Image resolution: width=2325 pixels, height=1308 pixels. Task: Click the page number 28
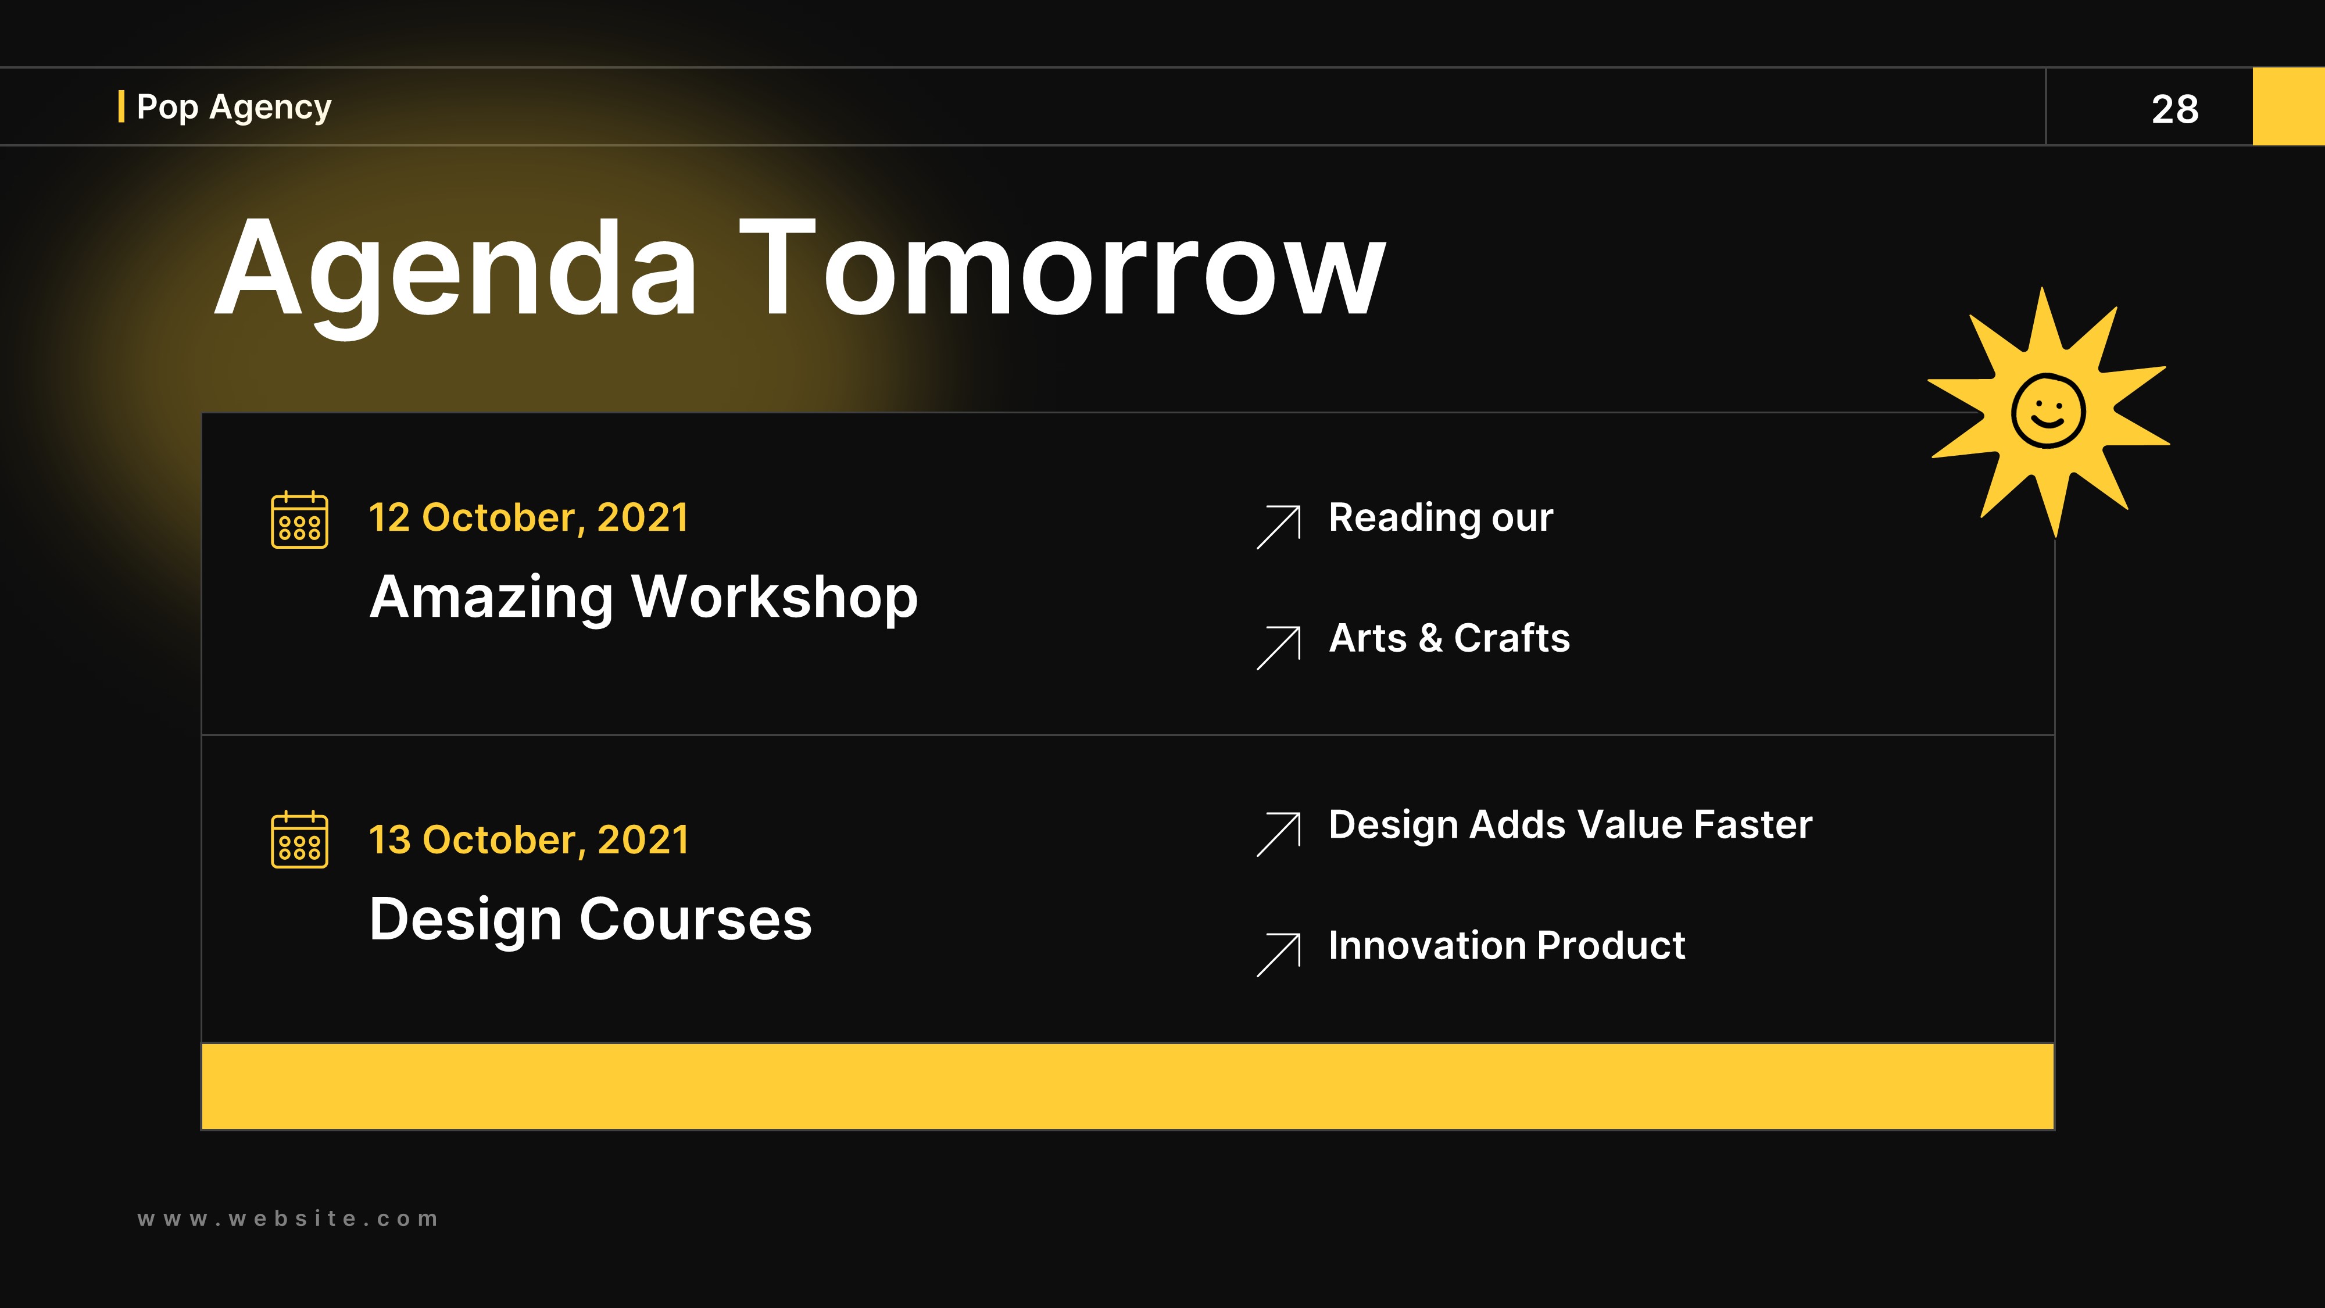click(2174, 109)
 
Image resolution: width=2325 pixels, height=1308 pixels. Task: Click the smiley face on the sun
click(2048, 411)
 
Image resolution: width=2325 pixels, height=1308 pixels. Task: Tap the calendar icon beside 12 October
click(300, 520)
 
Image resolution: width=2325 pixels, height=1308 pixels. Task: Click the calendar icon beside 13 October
click(300, 841)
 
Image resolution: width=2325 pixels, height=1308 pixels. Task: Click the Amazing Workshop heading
click(643, 598)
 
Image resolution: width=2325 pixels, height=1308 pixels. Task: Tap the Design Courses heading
click(591, 920)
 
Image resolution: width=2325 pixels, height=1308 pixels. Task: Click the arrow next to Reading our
click(1279, 526)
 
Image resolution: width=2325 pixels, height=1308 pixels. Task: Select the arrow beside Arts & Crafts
click(1279, 647)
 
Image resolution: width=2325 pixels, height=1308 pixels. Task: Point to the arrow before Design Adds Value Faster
click(1279, 833)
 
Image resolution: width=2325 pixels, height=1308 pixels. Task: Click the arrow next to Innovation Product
click(1279, 954)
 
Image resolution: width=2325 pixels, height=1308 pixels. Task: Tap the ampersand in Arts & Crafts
click(1430, 639)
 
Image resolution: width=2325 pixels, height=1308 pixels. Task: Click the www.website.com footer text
click(288, 1218)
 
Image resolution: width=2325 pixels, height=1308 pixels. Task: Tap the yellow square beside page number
click(2289, 106)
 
